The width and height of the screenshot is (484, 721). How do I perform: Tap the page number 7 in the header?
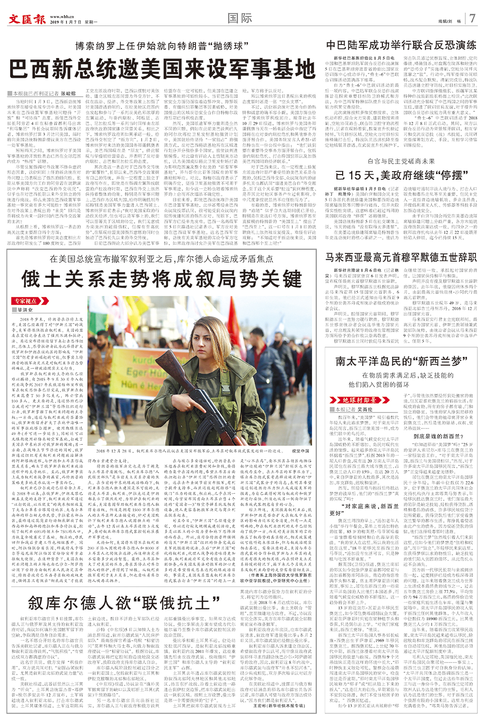click(472, 18)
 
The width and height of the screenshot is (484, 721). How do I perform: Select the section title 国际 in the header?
click(240, 18)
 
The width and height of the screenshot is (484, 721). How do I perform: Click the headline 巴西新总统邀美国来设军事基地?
click(162, 69)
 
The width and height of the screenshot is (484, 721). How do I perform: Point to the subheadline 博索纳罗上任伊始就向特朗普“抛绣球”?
click(159, 46)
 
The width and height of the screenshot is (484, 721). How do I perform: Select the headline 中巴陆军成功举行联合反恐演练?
click(401, 45)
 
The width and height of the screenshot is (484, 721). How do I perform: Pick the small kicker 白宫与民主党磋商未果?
click(401, 161)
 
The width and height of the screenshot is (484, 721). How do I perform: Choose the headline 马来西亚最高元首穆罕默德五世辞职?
click(401, 257)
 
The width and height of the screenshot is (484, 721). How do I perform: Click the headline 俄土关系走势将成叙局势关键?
click(162, 280)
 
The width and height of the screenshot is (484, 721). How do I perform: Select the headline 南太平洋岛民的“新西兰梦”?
click(401, 361)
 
